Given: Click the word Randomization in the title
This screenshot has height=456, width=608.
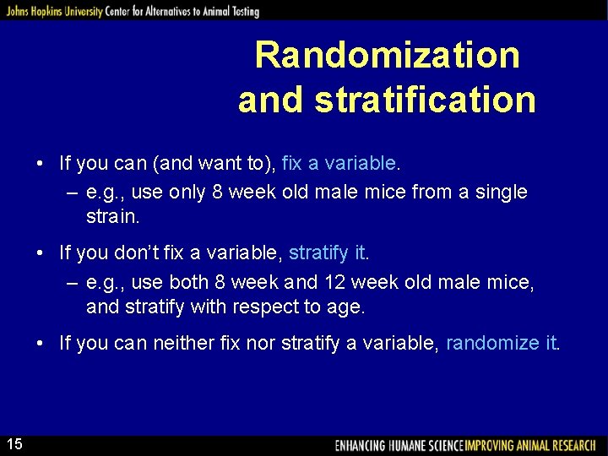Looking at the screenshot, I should (388, 56).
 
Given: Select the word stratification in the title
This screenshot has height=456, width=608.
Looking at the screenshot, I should (425, 100).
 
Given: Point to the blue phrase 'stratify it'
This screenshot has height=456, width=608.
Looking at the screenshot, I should (328, 252).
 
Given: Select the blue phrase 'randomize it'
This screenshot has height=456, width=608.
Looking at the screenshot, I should (502, 343).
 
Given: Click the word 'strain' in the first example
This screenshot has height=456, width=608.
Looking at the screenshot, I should (112, 216).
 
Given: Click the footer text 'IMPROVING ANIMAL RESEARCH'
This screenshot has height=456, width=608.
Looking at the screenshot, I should (534, 445).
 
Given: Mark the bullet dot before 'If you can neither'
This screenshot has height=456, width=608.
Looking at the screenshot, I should (41, 344).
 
